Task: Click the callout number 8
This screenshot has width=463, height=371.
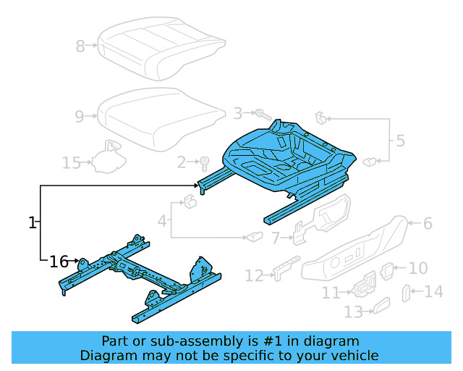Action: point(80,47)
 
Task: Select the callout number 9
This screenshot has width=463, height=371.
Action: point(80,115)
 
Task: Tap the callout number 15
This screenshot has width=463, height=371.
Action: point(70,163)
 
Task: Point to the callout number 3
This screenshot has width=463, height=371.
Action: point(237,113)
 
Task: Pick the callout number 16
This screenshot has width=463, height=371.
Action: point(59,261)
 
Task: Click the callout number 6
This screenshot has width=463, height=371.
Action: point(428,223)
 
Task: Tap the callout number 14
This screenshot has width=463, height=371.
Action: point(433,292)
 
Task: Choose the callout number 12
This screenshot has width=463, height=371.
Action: point(253,276)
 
